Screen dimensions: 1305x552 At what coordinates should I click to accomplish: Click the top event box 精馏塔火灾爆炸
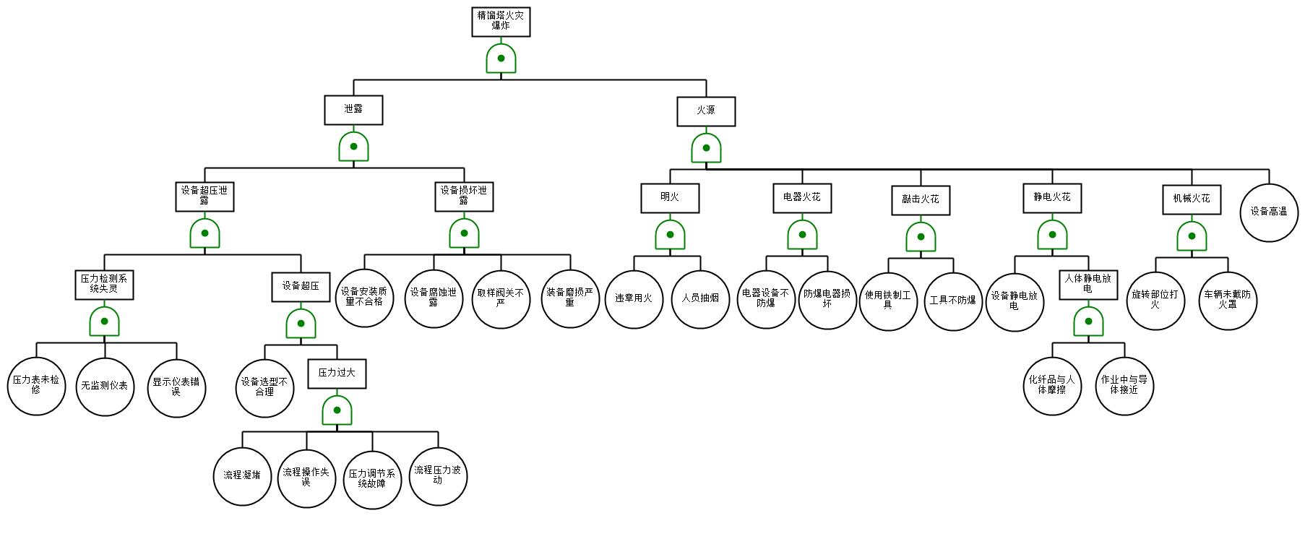click(x=501, y=22)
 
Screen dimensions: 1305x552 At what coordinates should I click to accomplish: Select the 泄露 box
click(x=353, y=110)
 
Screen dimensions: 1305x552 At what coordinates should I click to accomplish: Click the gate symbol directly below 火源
click(x=706, y=148)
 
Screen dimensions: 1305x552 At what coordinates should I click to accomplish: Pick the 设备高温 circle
click(x=1269, y=212)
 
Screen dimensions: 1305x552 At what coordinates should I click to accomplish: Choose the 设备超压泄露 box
click(x=204, y=197)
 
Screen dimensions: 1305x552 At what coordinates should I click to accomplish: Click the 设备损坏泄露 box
click(x=464, y=197)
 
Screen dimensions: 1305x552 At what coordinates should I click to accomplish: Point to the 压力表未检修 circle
click(x=37, y=386)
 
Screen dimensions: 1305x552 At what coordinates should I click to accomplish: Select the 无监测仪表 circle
click(x=105, y=387)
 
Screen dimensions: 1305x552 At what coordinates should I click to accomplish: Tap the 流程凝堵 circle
click(x=243, y=476)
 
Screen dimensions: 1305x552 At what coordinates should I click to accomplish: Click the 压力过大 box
click(x=337, y=374)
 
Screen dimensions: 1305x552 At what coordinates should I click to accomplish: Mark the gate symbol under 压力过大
click(x=337, y=410)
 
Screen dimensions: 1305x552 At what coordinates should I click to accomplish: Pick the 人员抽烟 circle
click(x=701, y=298)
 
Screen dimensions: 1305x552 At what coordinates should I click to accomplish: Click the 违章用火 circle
click(x=634, y=298)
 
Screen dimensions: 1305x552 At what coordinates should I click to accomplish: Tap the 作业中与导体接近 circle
click(x=1124, y=385)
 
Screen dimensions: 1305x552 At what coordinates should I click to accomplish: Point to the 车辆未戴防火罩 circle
click(x=1228, y=301)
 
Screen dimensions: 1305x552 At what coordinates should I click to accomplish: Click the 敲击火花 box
click(x=921, y=200)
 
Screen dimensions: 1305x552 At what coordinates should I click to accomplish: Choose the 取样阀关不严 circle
click(x=501, y=298)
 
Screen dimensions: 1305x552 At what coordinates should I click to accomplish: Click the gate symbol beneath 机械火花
click(x=1192, y=236)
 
